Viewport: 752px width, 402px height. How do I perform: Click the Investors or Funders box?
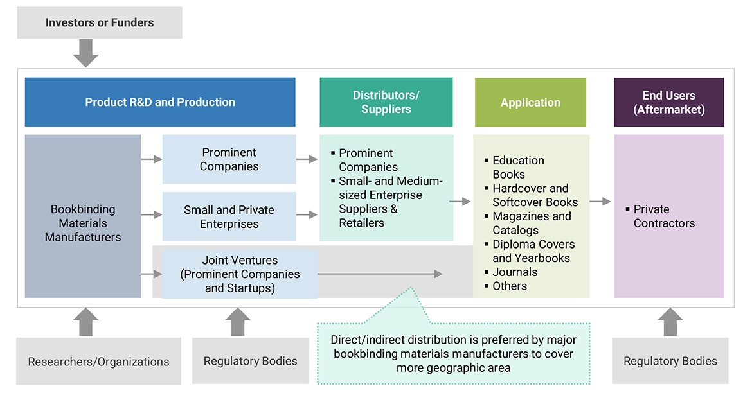pyautogui.click(x=100, y=22)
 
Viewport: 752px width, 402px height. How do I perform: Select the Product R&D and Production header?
pyautogui.click(x=160, y=102)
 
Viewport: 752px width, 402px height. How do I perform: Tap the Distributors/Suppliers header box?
pyautogui.click(x=386, y=102)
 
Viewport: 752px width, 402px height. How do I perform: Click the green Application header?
pyautogui.click(x=530, y=102)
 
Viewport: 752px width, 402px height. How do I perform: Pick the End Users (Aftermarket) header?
pyautogui.click(x=668, y=102)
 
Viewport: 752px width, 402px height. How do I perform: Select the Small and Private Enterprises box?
pyautogui.click(x=229, y=216)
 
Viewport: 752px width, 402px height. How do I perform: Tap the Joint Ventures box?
pyautogui.click(x=240, y=274)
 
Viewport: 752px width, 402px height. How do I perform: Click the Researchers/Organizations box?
pyautogui.click(x=98, y=362)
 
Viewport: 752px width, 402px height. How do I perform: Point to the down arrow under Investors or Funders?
pyautogui.click(x=85, y=53)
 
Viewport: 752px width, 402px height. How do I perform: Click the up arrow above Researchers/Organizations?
pyautogui.click(x=85, y=322)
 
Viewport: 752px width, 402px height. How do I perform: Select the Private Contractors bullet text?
pyautogui.click(x=664, y=216)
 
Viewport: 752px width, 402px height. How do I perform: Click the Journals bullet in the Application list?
pyautogui.click(x=515, y=272)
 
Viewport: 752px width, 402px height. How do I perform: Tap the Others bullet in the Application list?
pyautogui.click(x=510, y=286)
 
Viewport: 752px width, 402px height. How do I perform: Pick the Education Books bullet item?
pyautogui.click(x=518, y=167)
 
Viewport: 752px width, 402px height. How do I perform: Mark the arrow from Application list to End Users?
pyautogui.click(x=600, y=202)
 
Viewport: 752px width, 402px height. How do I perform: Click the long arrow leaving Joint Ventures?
pyautogui.click(x=380, y=274)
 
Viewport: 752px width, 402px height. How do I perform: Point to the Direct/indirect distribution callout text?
pyautogui.click(x=453, y=354)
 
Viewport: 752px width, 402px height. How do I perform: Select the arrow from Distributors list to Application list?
pyautogui.click(x=460, y=202)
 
